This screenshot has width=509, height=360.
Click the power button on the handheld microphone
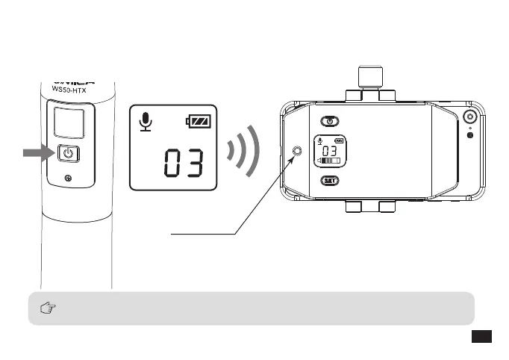pyautogui.click(x=68, y=155)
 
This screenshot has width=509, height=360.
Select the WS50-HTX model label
pyautogui.click(x=69, y=88)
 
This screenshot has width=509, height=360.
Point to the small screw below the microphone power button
pyautogui.click(x=69, y=178)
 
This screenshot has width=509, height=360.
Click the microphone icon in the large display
pyautogui.click(x=147, y=122)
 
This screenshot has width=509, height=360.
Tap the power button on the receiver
pyautogui.click(x=329, y=121)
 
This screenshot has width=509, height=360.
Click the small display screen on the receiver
pyautogui.click(x=329, y=151)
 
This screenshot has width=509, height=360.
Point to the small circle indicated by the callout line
pyautogui.click(x=299, y=152)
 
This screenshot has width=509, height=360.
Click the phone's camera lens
pyautogui.click(x=470, y=118)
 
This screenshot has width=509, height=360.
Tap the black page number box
pyautogui.click(x=481, y=338)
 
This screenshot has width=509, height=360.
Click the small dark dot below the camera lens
pyautogui.click(x=470, y=135)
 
